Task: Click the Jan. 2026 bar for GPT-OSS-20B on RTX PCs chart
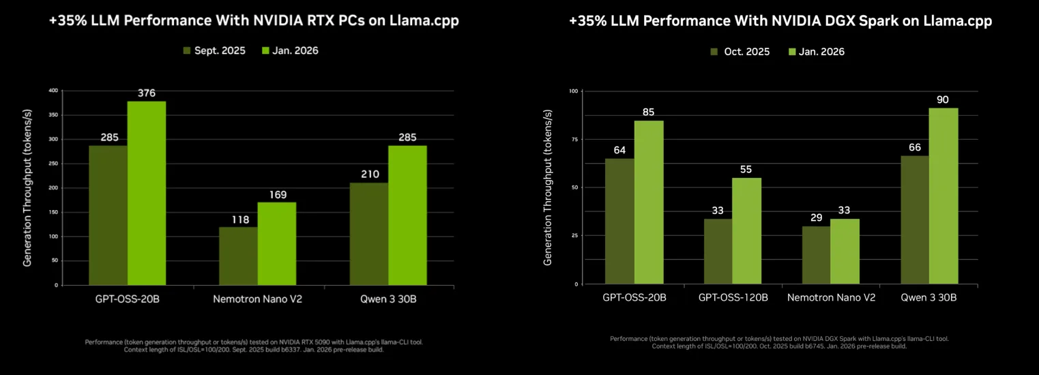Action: (147, 193)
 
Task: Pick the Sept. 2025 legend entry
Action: (211, 50)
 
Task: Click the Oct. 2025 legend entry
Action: (740, 52)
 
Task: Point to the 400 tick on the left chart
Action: (53, 90)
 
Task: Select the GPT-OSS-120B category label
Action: (733, 298)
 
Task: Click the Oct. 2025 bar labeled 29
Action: (816, 255)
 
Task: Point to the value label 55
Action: (747, 168)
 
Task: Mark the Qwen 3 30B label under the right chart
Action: (928, 298)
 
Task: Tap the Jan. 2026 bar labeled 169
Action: (276, 243)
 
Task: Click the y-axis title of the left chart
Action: (28, 187)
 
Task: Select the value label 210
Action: (368, 174)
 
